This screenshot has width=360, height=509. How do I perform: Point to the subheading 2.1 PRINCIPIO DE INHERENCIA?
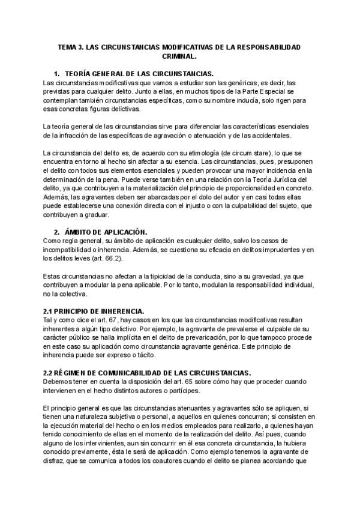tap(93, 311)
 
